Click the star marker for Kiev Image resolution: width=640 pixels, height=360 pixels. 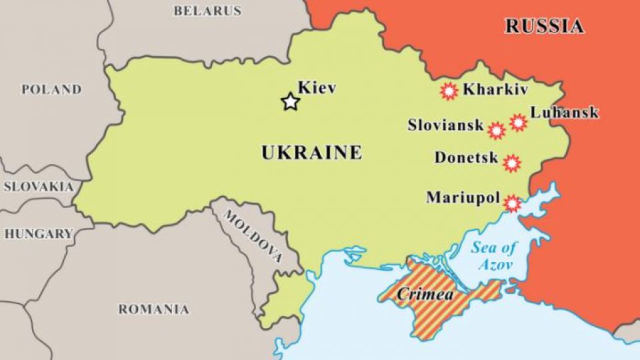pos(290,102)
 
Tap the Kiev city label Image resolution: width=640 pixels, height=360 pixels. pos(317,87)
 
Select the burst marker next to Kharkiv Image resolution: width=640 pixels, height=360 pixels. pos(449,91)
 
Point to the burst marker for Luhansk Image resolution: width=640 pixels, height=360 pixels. pos(518,122)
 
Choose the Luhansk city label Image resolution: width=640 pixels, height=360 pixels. pos(565,113)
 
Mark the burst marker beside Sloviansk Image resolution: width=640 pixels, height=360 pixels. pos(496,131)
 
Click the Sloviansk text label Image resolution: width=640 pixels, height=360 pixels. pos(445,125)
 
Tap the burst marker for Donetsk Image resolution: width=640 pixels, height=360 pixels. pos(511,163)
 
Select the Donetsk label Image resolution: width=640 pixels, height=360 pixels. pos(467,158)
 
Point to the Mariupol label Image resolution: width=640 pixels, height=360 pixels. pos(462,198)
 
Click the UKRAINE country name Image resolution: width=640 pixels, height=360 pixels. pos(311,153)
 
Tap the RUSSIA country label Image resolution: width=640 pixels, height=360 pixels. pos(544,27)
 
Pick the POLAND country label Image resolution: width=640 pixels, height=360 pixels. pos(51,89)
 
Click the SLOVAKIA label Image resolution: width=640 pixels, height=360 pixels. pos(38,187)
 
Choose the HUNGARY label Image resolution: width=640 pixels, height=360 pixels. pos(39,234)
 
